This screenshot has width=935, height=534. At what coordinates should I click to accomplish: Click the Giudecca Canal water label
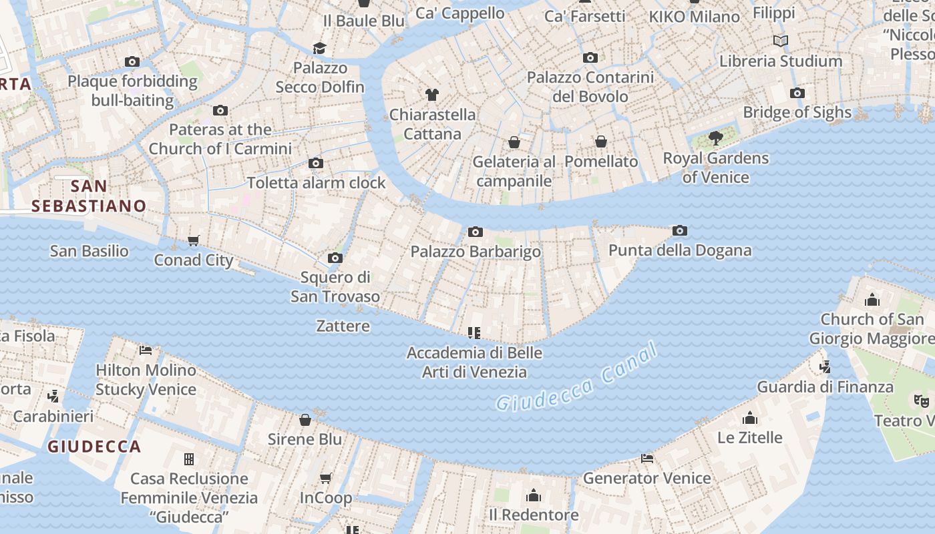(578, 378)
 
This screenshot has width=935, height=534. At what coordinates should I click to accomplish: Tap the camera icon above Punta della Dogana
(680, 231)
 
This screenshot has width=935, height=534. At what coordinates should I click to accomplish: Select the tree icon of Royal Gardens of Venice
(716, 138)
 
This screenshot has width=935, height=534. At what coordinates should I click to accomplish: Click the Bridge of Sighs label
(797, 112)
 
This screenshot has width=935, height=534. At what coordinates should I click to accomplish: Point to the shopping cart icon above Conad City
(194, 240)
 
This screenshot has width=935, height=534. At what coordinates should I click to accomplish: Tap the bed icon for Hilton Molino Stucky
(146, 350)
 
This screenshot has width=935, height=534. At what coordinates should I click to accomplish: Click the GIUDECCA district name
(94, 447)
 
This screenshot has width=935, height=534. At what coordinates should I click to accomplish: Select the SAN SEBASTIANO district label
(89, 196)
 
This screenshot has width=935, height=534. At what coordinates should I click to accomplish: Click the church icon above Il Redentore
(533, 495)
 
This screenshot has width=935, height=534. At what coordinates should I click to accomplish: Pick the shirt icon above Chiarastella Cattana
(432, 95)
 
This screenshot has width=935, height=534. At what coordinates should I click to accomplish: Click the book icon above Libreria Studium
(781, 41)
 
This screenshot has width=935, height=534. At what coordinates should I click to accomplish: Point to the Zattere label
(343, 326)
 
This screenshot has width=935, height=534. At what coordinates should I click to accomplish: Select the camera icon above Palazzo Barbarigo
(475, 232)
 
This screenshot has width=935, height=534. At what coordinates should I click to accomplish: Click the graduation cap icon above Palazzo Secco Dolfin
(320, 48)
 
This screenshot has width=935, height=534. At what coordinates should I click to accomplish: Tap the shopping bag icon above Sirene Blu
(305, 420)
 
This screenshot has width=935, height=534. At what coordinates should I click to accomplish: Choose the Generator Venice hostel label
(646, 478)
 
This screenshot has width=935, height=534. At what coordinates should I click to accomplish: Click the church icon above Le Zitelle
(749, 418)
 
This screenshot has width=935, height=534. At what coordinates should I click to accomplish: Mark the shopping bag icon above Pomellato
(601, 142)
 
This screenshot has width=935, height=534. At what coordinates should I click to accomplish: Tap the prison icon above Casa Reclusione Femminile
(189, 459)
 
